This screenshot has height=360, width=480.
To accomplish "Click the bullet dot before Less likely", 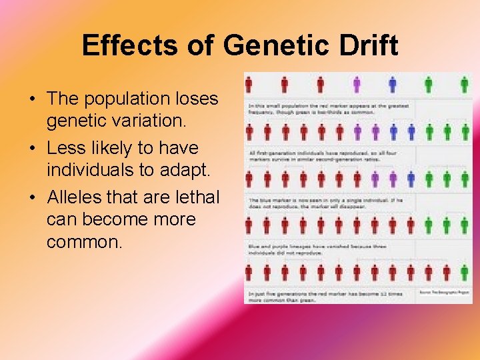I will tap(32, 148).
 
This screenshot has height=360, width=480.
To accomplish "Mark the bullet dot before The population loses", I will tap(32, 99).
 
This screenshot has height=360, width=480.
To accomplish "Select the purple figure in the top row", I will tap(357, 85).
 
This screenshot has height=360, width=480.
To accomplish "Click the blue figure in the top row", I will tap(393, 85).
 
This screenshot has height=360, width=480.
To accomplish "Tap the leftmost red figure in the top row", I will tap(249, 85).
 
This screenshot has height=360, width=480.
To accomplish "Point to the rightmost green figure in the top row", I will tap(465, 85).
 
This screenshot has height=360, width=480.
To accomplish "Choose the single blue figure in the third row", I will tap(411, 179).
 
